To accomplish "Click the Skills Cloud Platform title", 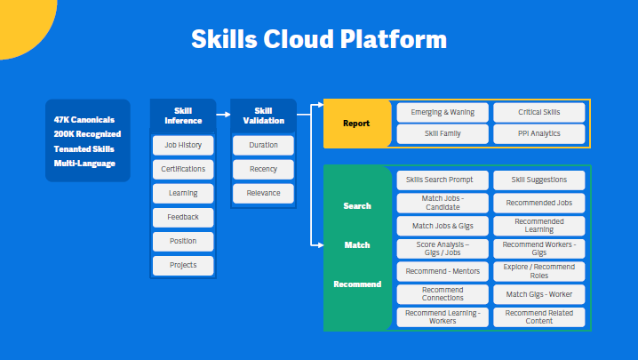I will point(319,40).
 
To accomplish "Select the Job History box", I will point(183,145).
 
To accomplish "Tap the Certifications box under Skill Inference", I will point(183,169).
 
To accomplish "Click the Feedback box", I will point(183,217).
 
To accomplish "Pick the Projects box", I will point(183,265).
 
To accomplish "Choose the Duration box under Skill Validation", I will point(264,145).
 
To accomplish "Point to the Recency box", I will point(264,169).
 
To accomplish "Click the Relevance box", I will point(264,193).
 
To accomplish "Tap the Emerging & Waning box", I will point(442,113).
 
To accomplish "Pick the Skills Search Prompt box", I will point(442,180).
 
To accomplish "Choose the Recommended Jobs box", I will point(539,203).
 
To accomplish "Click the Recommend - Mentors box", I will point(442,271).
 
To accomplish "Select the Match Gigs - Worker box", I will point(539,294).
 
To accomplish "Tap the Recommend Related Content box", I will point(539,317).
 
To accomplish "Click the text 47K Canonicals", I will point(84,119).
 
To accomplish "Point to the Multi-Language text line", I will point(84,163).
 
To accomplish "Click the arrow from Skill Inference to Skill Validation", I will point(223,115).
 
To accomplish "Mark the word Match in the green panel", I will point(356,244).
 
